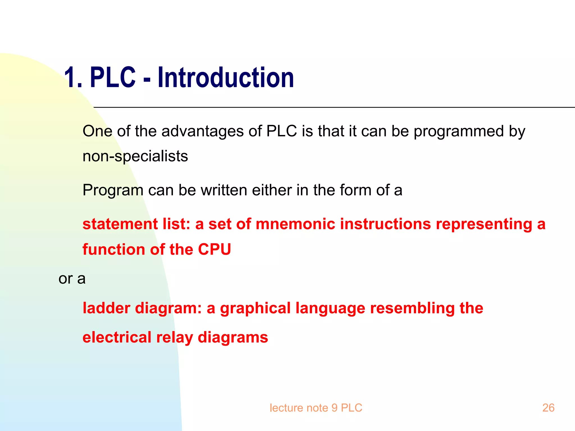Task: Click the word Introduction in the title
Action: [226, 78]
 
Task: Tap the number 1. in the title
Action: [73, 78]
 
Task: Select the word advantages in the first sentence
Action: [202, 131]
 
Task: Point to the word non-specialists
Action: [135, 156]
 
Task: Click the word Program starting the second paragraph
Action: [113, 191]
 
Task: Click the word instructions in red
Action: [385, 224]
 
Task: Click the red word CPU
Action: [215, 249]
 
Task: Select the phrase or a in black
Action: [72, 279]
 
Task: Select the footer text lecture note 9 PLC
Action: [316, 408]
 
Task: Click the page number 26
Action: [548, 408]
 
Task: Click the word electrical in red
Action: [117, 337]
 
